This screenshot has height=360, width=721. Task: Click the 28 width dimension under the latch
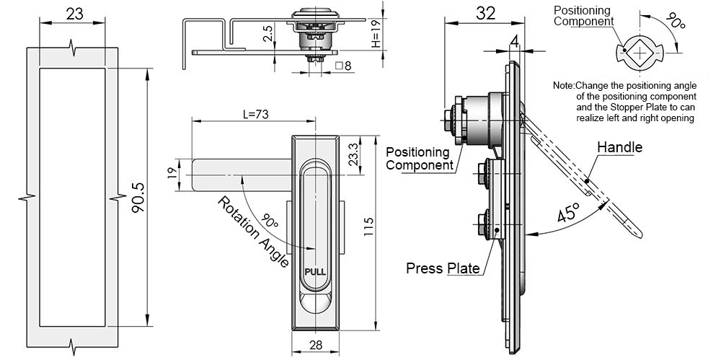315,346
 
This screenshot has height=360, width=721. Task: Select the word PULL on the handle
315,272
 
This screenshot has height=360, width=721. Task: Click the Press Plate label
443,268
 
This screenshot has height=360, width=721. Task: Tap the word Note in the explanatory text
563,85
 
